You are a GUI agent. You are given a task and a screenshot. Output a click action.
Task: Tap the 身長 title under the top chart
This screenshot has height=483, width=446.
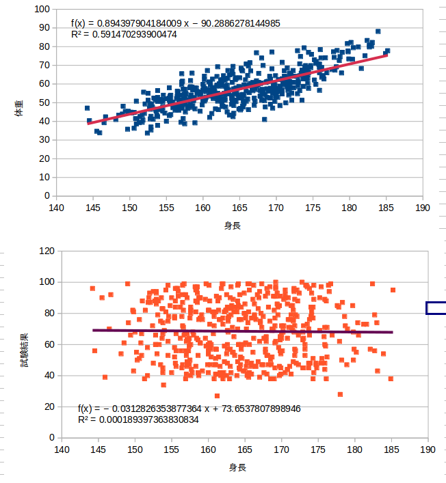(x=232, y=225)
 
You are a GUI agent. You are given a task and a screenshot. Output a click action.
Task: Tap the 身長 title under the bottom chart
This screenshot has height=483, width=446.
(x=237, y=467)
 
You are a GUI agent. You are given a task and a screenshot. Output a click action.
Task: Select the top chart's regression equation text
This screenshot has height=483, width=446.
(x=175, y=23)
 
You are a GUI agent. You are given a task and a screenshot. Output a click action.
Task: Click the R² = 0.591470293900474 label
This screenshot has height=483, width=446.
(x=124, y=34)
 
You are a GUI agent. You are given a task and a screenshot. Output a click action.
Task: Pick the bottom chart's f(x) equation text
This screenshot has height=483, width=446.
(x=189, y=409)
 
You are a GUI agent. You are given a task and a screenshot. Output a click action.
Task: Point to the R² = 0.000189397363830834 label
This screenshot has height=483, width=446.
(x=138, y=419)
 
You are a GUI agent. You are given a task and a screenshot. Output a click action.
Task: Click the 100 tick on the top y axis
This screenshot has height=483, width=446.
(x=43, y=10)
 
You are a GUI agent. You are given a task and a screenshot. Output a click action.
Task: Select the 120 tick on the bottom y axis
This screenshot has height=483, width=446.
(x=46, y=251)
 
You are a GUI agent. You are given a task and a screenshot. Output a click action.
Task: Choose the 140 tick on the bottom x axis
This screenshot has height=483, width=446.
(x=62, y=450)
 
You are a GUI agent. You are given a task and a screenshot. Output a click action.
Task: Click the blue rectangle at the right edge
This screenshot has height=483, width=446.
(x=436, y=308)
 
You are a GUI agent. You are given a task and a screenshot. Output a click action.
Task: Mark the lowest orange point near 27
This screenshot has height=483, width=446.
(x=217, y=396)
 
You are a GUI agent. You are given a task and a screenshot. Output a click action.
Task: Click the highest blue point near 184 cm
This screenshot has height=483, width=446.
(x=378, y=31)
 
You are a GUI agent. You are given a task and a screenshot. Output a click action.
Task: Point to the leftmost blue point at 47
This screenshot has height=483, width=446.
(x=88, y=108)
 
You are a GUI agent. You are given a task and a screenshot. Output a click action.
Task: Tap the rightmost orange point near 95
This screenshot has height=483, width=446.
(x=393, y=290)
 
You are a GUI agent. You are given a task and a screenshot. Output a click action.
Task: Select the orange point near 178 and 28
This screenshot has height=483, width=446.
(x=340, y=394)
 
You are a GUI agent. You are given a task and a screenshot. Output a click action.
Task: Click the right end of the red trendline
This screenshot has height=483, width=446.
(x=386, y=55)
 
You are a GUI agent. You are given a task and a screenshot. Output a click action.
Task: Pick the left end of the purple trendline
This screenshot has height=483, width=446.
(x=93, y=330)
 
